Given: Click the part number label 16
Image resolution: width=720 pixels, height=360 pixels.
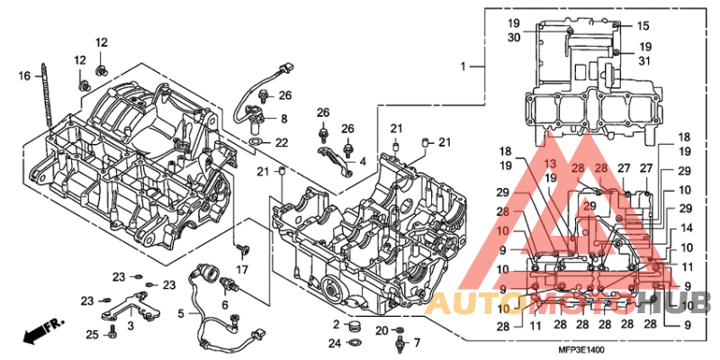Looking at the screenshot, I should click(25, 76).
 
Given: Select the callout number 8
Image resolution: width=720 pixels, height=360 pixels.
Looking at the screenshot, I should click(283, 118).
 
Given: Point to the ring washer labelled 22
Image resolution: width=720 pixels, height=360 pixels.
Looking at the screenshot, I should click(256, 142).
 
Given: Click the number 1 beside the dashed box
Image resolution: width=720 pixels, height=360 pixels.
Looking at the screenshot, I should click(465, 67).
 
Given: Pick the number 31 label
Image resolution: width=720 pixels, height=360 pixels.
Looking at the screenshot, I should click(645, 60).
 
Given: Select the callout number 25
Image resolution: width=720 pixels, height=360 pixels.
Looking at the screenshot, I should click(92, 335).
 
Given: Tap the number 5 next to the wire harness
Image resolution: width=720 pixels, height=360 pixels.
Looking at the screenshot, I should click(181, 314).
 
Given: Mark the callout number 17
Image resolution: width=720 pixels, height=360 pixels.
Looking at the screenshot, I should click(242, 270).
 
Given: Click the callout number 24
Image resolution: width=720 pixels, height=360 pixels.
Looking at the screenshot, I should click(334, 343).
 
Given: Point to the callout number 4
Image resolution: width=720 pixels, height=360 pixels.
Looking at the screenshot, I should click(362, 161).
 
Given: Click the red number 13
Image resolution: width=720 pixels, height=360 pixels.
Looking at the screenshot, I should click(550, 162).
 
